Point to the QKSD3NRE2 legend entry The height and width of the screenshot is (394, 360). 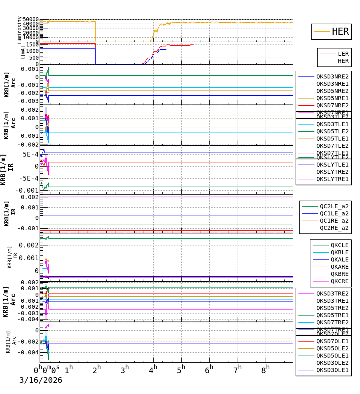(332, 76)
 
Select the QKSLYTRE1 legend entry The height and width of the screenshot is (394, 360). (332, 179)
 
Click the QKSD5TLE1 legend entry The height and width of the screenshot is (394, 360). (332, 139)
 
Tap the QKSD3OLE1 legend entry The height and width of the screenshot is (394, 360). (332, 370)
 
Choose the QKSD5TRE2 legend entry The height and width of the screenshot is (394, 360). (332, 308)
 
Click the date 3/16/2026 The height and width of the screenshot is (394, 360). (41, 380)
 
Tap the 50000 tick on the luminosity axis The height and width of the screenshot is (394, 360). (30, 20)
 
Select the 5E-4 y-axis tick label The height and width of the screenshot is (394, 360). (31, 155)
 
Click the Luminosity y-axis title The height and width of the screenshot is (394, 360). (20, 30)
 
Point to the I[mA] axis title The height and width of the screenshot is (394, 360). (23, 53)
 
